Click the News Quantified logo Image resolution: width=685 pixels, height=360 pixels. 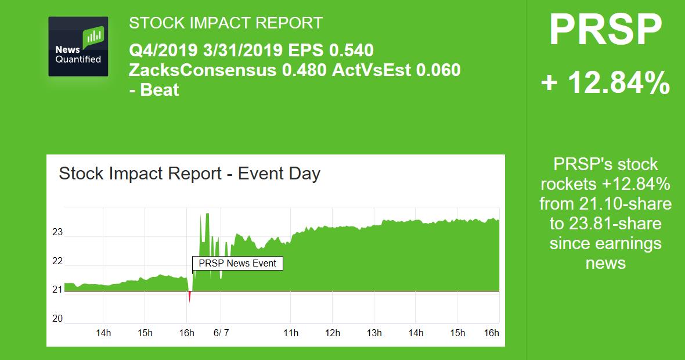pyautogui.click(x=78, y=46)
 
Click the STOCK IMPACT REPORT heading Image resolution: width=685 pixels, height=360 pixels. pyautogui.click(x=226, y=23)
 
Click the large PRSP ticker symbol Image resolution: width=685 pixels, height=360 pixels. pyautogui.click(x=605, y=31)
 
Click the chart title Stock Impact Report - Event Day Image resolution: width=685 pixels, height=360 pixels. pyautogui.click(x=189, y=174)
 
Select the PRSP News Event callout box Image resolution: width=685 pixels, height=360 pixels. pyautogui.click(x=238, y=263)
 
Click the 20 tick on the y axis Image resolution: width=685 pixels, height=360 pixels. pyautogui.click(x=57, y=319)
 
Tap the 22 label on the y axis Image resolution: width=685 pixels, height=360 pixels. pyautogui.click(x=57, y=261)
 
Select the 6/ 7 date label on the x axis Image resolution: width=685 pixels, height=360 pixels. pyautogui.click(x=221, y=333)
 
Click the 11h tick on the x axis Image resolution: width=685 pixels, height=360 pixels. pyautogui.click(x=291, y=333)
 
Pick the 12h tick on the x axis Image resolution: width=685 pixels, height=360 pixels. pyautogui.click(x=333, y=333)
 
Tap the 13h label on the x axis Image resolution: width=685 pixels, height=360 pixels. pyautogui.click(x=374, y=333)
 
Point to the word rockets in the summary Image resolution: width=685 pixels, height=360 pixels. pyautogui.click(x=569, y=185)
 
